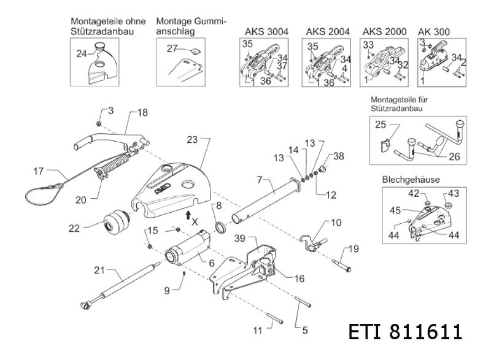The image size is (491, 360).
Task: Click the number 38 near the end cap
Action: point(339,156)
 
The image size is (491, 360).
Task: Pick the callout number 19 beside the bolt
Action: point(353,248)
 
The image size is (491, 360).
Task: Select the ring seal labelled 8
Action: point(219,230)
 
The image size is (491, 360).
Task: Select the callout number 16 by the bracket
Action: point(299,278)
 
